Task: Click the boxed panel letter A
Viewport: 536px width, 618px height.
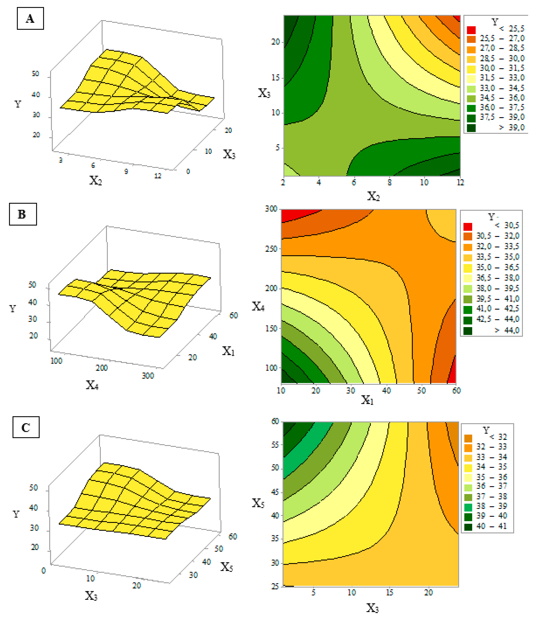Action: coord(30,18)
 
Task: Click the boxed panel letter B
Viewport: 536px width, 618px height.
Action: coord(23,214)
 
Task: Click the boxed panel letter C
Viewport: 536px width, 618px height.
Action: coord(26,427)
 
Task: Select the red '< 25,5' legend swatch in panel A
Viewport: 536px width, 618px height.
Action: coord(471,30)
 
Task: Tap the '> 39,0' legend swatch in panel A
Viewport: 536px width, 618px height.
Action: coord(471,128)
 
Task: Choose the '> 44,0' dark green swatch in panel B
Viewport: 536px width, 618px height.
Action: coord(468,331)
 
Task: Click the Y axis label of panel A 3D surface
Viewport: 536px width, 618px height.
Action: coord(18,104)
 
